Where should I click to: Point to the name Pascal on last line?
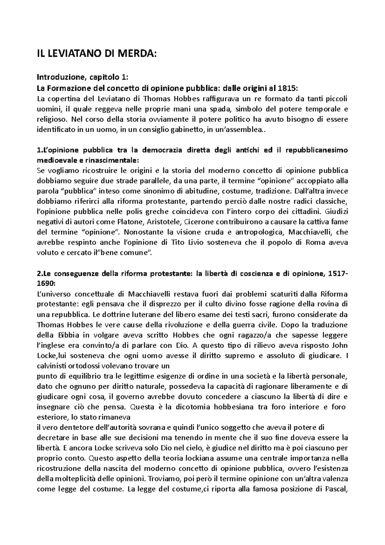point(337,489)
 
